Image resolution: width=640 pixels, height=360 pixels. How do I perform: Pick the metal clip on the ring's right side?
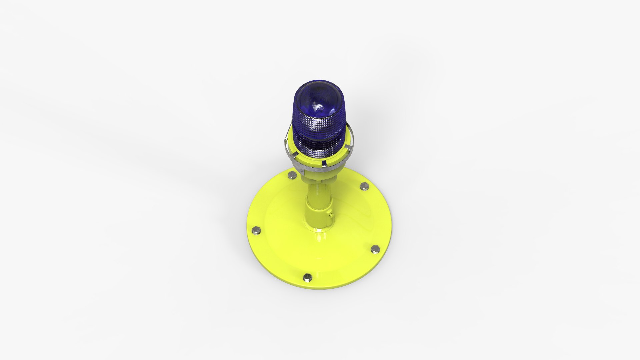click(x=347, y=147)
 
